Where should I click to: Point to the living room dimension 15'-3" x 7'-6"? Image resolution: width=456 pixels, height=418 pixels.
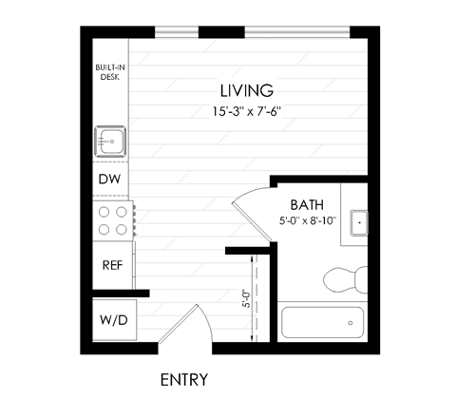click(x=246, y=110)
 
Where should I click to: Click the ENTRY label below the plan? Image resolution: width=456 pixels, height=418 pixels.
click(x=183, y=379)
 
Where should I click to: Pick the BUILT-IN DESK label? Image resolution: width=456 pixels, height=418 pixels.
click(x=109, y=72)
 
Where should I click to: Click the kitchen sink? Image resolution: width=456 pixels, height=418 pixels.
click(x=110, y=143)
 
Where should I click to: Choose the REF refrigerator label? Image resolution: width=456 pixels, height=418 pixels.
click(x=111, y=264)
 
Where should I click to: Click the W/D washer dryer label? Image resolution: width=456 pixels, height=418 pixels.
click(x=111, y=320)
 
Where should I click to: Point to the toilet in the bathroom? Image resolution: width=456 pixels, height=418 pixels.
click(x=347, y=279)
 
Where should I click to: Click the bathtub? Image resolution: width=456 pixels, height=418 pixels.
click(x=324, y=323)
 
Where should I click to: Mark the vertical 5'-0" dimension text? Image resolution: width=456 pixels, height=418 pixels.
click(x=245, y=299)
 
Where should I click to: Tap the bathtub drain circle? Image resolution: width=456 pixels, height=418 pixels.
click(x=351, y=323)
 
